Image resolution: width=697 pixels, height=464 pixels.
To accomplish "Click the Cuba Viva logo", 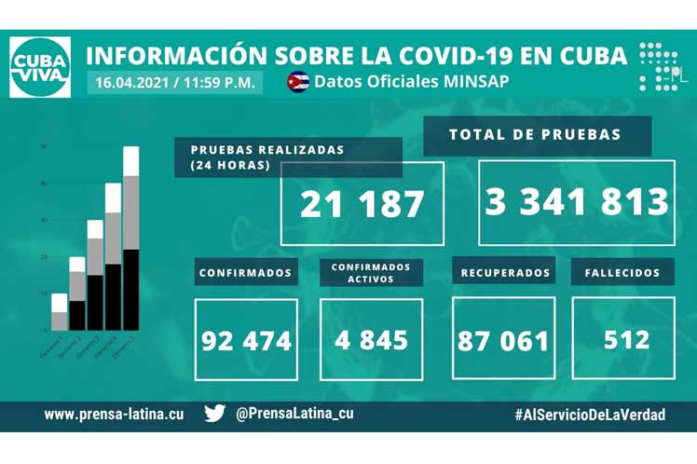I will point(40,67).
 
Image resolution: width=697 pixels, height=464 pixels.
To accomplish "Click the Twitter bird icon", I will point(214,413).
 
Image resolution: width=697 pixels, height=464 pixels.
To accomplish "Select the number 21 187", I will point(362,203).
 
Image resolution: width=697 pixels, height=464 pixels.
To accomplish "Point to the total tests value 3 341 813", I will point(576,201).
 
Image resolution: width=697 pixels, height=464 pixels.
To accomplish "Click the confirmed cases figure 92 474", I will point(246,340).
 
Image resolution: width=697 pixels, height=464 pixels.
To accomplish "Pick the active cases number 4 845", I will point(370,340).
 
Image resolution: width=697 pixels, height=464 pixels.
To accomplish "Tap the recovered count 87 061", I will point(503,340).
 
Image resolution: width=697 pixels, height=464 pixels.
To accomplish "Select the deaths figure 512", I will point(626,339).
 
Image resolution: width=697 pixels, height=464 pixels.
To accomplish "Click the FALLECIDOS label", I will point(622,273).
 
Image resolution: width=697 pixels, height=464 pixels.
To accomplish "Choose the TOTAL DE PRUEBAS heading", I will point(535,134).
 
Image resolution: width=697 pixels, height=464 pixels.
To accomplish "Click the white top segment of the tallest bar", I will point(131,160).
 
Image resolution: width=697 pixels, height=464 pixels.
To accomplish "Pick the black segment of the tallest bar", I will point(131,289).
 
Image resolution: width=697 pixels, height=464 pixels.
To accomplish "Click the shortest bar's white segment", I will point(59,302).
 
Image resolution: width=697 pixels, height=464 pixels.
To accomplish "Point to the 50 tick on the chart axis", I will point(43,147).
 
